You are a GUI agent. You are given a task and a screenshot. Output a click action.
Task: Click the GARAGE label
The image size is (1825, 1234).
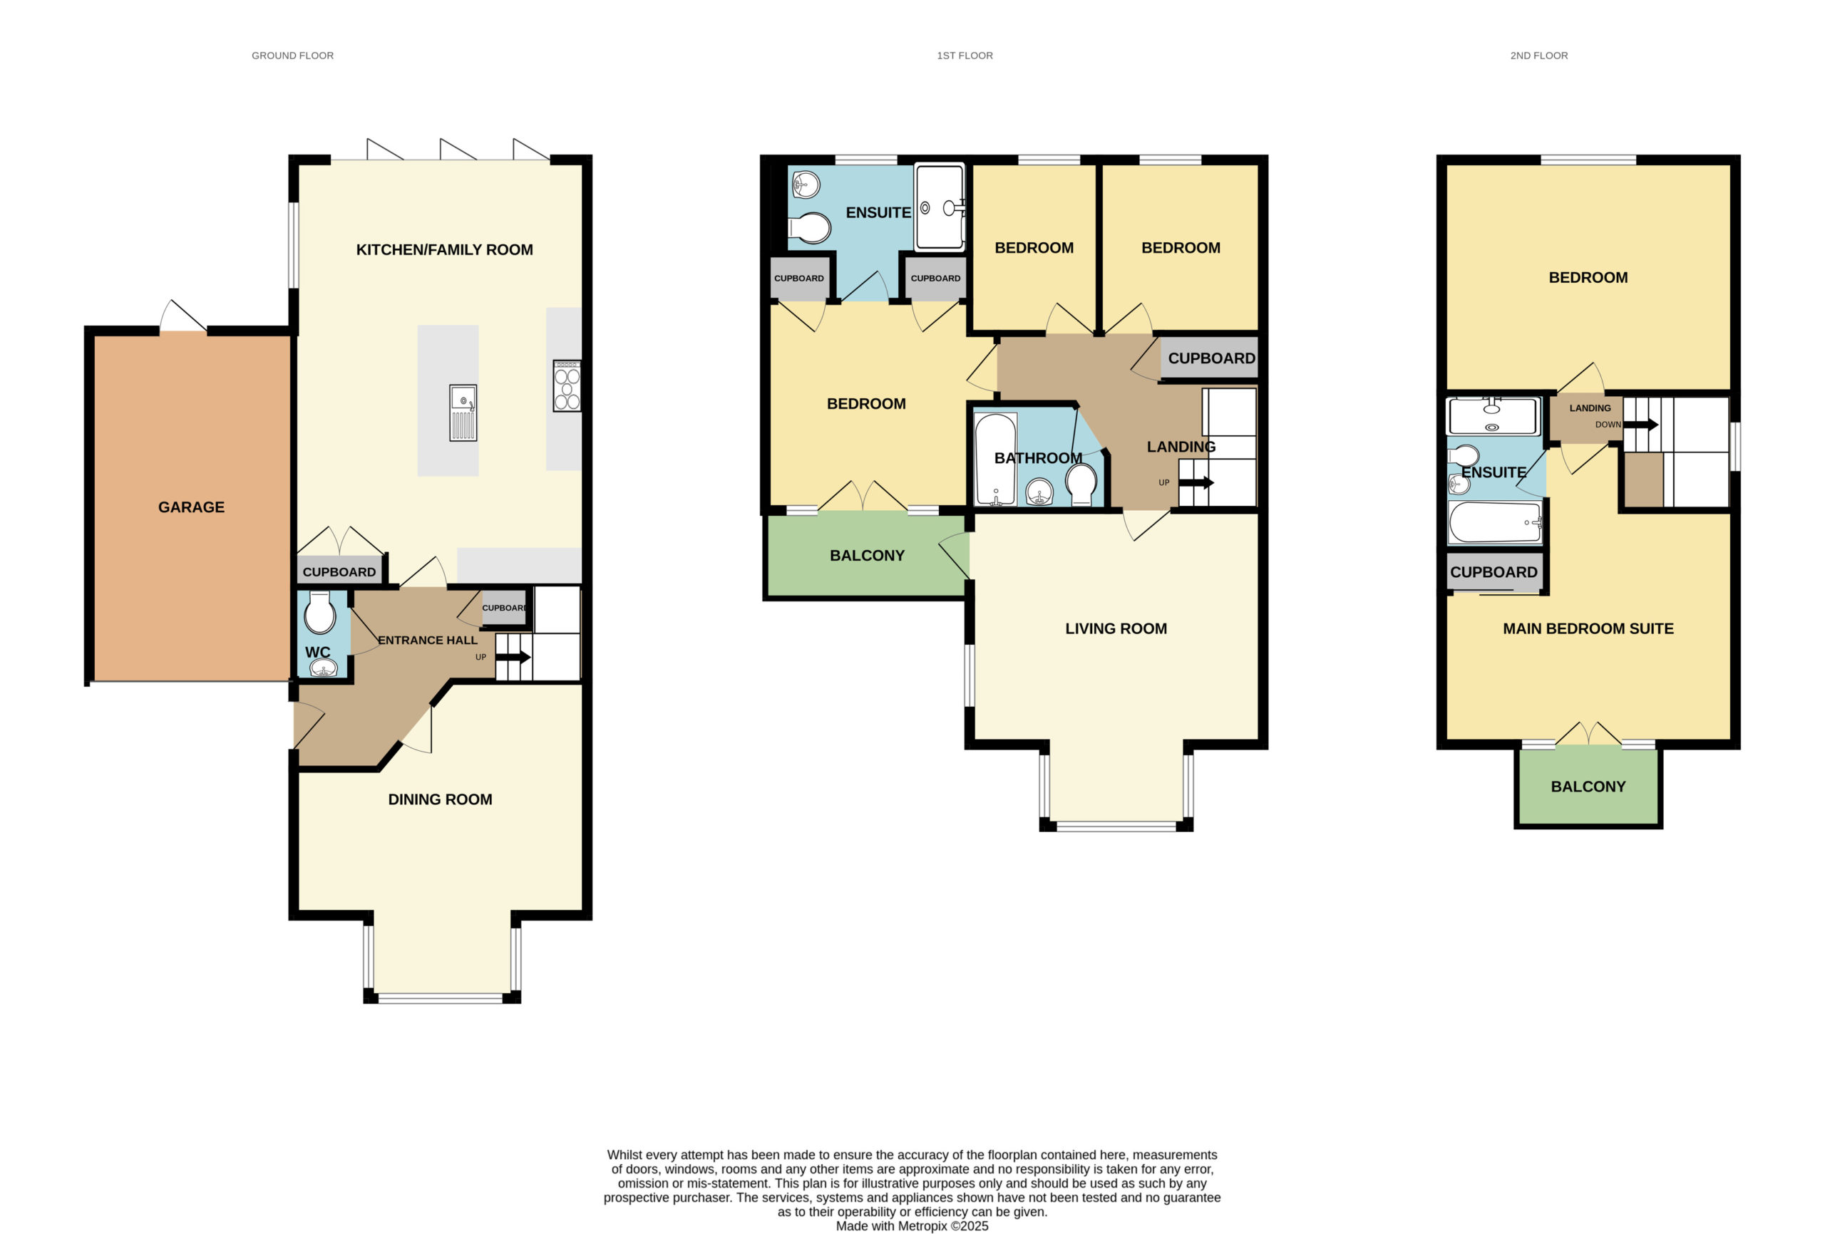(x=191, y=507)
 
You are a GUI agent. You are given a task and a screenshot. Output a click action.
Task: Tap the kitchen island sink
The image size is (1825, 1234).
(x=463, y=413)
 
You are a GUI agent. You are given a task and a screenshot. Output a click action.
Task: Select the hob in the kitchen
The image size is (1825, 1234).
(x=566, y=385)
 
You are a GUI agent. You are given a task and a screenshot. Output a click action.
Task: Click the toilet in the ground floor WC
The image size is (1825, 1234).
(x=319, y=612)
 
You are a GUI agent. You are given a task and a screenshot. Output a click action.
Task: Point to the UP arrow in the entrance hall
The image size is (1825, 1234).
(x=513, y=657)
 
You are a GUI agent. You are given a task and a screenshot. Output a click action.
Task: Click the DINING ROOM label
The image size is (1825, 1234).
(x=440, y=799)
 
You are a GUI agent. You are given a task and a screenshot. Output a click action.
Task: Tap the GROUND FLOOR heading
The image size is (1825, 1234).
(x=292, y=56)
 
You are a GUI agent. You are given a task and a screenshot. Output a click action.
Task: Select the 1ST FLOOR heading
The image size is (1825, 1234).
(x=965, y=56)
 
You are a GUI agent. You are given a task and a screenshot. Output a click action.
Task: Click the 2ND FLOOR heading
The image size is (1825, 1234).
(x=1538, y=56)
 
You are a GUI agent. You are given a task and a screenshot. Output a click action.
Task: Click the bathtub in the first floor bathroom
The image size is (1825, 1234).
(x=995, y=460)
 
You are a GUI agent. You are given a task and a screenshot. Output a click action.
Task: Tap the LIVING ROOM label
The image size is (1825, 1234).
(x=1116, y=629)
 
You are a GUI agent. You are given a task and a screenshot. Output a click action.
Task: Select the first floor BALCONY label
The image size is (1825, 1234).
(x=867, y=556)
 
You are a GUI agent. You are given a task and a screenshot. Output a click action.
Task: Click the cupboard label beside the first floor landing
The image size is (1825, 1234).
(x=1211, y=359)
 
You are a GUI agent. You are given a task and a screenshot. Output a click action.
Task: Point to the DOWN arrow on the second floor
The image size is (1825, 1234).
(x=1640, y=425)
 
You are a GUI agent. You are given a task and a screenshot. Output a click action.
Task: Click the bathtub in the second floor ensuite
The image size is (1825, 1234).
(x=1494, y=522)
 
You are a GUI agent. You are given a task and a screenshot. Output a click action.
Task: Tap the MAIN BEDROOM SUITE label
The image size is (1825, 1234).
(x=1588, y=629)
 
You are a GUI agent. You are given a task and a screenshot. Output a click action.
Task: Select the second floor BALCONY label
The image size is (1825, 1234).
(x=1588, y=787)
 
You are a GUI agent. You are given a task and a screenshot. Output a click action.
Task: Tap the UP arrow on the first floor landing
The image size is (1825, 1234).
(x=1196, y=482)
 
